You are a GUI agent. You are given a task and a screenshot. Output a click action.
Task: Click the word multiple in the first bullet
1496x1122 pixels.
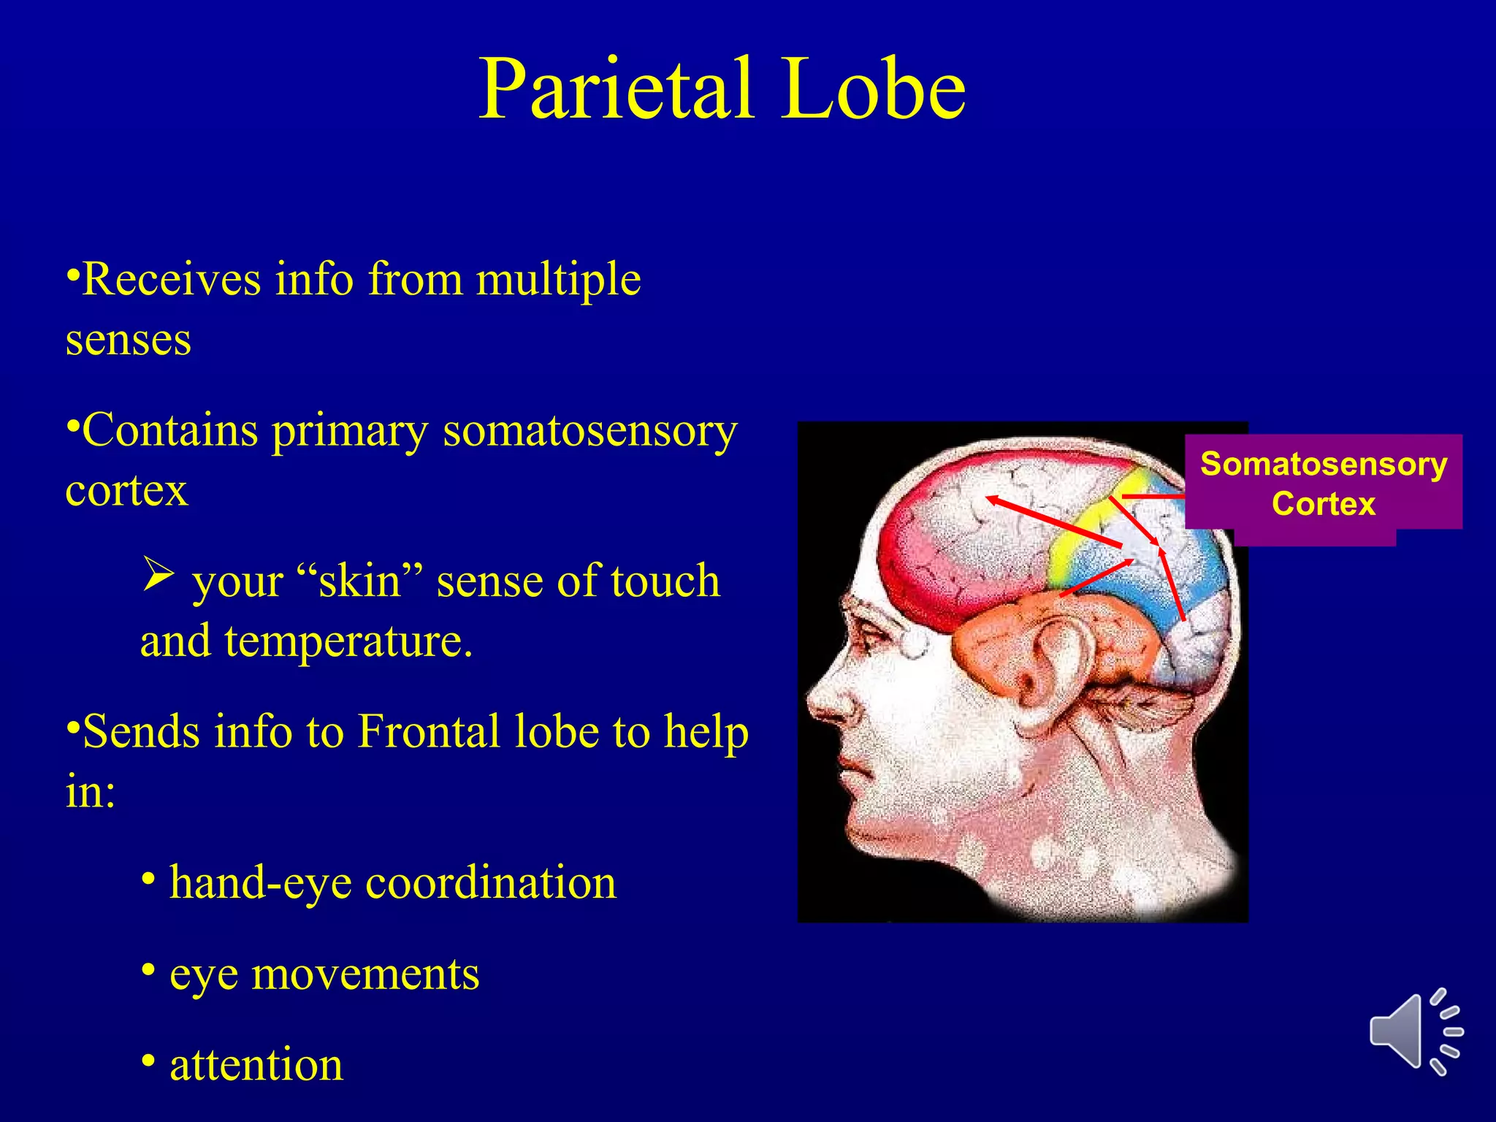[559, 280]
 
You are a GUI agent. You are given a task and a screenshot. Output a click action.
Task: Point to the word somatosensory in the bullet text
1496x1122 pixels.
[590, 431]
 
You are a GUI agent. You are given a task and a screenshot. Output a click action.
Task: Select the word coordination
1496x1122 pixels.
[491, 883]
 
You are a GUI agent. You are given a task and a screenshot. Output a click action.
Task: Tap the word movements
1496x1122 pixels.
[365, 974]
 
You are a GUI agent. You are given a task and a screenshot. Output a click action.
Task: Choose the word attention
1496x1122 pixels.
[256, 1065]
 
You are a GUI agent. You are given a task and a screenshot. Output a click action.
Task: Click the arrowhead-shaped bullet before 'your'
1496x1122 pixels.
[158, 574]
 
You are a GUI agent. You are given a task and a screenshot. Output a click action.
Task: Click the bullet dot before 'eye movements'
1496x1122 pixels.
[148, 970]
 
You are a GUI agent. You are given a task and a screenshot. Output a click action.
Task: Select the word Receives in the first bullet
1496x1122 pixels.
[172, 280]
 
